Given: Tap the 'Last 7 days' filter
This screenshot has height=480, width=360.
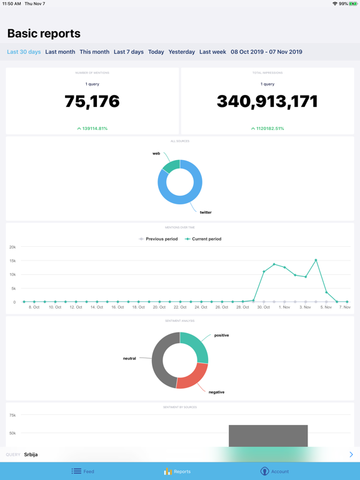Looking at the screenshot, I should click(129, 52).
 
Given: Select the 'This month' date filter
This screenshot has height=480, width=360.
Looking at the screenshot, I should click(94, 52).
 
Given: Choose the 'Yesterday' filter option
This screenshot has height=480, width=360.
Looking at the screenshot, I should click(182, 52).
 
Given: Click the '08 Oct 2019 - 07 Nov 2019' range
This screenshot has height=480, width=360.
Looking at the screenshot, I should click(266, 52).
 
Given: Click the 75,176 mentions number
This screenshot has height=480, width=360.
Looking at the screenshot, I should click(92, 101).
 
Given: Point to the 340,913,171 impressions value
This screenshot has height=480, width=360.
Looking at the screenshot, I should click(267, 101).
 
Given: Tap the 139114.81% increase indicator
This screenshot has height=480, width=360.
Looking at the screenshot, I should click(92, 128).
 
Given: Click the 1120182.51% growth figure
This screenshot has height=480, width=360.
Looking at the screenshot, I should click(267, 128).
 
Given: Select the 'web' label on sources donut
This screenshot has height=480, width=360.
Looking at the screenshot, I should click(156, 153).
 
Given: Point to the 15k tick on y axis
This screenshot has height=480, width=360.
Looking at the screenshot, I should click(12, 261).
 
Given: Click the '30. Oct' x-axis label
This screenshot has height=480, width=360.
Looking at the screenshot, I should click(263, 307).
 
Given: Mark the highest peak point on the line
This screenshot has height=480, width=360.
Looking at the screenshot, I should click(316, 260).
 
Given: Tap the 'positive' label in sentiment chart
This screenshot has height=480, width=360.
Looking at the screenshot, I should click(221, 335).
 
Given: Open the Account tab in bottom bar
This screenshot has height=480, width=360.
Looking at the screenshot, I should click(274, 471).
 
